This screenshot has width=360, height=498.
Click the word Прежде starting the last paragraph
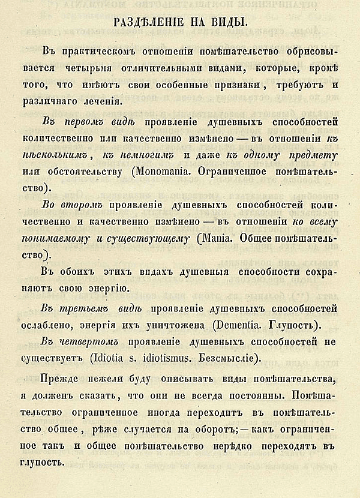pos(63,382)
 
